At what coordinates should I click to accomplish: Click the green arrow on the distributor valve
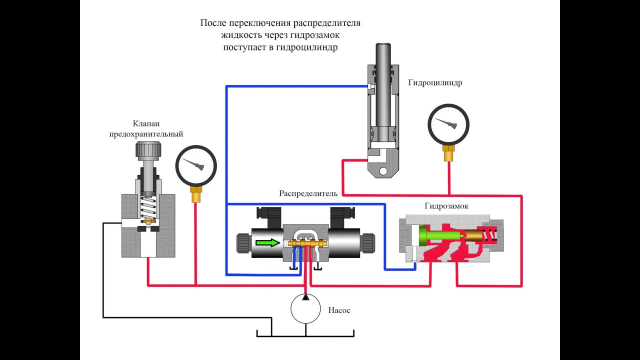click(x=267, y=243)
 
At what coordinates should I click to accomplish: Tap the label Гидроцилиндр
click(x=435, y=82)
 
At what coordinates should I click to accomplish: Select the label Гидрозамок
click(x=446, y=206)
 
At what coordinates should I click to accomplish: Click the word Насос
click(x=339, y=310)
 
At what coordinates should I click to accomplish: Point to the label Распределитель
click(x=308, y=193)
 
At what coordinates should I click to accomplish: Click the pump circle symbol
click(x=305, y=308)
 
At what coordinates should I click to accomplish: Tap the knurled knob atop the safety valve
click(x=147, y=150)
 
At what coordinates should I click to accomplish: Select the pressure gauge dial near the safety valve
click(x=196, y=166)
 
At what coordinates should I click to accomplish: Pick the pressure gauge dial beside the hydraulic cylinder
click(x=448, y=124)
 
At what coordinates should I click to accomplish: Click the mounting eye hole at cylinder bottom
click(x=383, y=171)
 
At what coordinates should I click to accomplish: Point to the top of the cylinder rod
click(x=383, y=44)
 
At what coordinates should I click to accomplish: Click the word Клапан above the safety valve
click(x=146, y=123)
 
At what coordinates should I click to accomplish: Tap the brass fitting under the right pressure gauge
click(x=448, y=153)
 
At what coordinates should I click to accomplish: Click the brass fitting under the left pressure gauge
click(x=196, y=194)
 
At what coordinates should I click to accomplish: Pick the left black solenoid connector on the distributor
click(x=268, y=217)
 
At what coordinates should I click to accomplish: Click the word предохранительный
click(x=146, y=134)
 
